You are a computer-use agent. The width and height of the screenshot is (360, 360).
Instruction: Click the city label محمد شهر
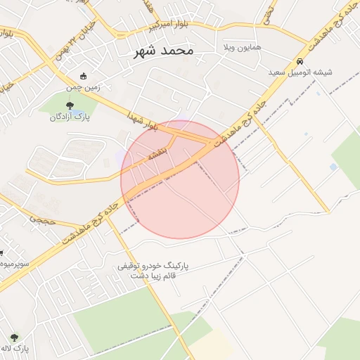coord(165,51)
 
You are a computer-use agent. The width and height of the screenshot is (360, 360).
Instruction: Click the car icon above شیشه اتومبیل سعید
coord(300,61)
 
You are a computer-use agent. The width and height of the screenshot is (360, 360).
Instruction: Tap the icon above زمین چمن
coord(84,77)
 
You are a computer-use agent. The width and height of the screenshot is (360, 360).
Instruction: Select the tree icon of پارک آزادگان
coord(68,105)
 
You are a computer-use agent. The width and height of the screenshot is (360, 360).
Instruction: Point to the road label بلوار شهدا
coord(141,122)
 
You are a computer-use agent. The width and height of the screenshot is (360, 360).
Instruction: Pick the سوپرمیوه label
coord(14,264)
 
